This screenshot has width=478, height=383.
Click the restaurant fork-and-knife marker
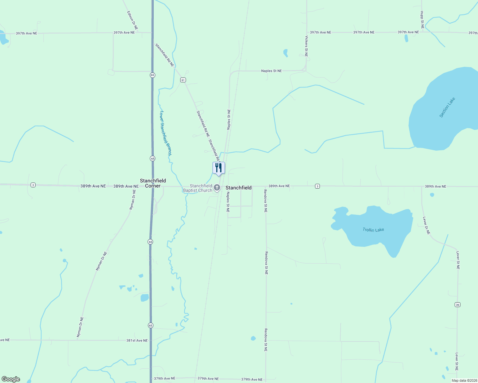coord(219,168)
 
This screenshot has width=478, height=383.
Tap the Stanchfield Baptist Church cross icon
coord(217,188)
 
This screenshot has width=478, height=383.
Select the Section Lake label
coord(447,108)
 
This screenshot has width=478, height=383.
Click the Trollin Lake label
coord(373,230)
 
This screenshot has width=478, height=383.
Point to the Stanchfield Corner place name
coord(153,183)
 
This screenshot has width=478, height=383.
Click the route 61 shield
coord(183,80)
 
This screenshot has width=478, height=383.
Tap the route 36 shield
coord(458,305)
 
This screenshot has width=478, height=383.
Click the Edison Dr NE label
coord(132,21)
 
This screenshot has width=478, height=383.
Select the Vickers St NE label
coord(306,46)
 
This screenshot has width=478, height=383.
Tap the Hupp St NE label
coord(422,20)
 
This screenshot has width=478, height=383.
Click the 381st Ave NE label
coord(137,341)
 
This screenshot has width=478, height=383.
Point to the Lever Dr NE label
coord(427,226)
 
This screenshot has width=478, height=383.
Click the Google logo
coord(11,379)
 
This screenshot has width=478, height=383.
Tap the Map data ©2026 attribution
coord(464,380)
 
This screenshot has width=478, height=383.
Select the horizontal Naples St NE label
coord(272,71)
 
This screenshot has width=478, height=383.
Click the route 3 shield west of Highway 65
coord(33,185)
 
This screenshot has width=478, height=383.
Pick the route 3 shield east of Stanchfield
coord(317,186)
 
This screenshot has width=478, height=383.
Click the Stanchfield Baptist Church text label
coord(198,188)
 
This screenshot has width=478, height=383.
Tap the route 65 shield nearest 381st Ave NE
coord(150,325)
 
